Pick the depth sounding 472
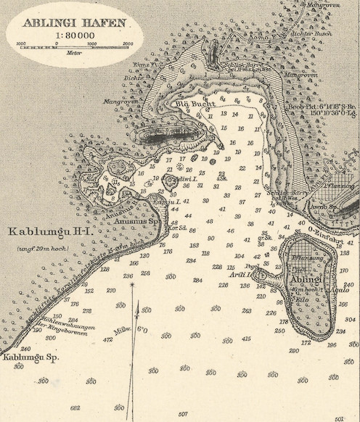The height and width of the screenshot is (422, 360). click(107, 339)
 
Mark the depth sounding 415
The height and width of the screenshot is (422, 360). click(246, 339)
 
